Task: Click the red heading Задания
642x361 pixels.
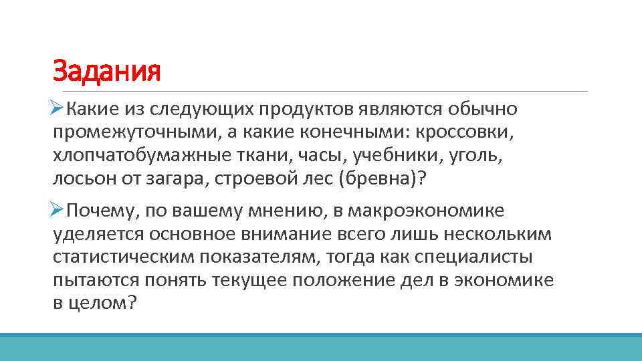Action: click(107, 71)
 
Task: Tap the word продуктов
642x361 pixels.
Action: click(306, 108)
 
